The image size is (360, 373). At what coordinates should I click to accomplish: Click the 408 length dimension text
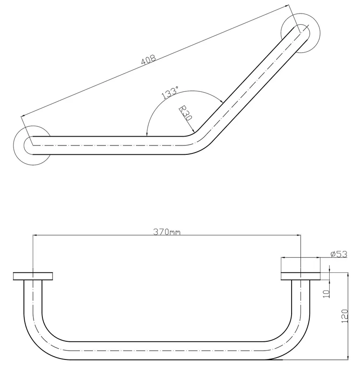[149, 60]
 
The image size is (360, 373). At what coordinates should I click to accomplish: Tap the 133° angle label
[170, 93]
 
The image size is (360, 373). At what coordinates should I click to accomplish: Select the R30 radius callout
[185, 113]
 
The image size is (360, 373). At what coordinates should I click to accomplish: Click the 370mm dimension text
[167, 232]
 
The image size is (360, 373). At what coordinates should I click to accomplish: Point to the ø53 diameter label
[339, 254]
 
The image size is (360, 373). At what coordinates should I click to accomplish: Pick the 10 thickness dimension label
[327, 294]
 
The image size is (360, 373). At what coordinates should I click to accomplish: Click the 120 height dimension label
[345, 316]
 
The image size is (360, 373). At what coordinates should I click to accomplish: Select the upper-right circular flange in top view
[300, 33]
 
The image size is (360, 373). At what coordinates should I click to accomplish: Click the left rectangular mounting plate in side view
[33, 276]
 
